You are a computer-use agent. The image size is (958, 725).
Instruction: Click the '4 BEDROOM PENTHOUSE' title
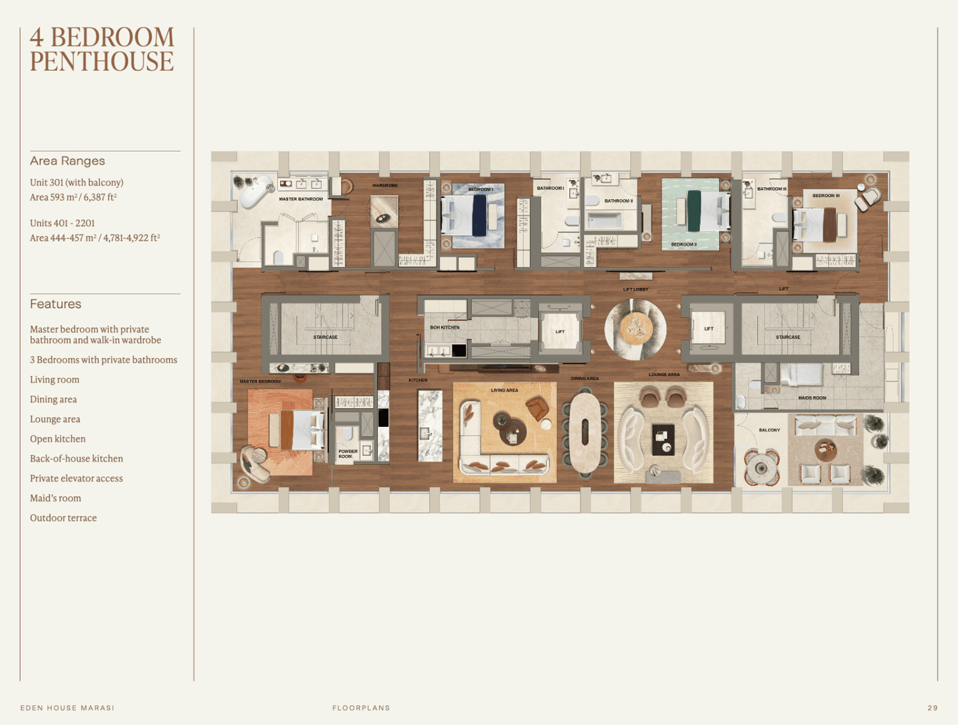(101, 49)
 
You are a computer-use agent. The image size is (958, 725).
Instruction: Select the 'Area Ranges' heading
(67, 161)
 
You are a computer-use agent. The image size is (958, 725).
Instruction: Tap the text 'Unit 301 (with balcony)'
(77, 183)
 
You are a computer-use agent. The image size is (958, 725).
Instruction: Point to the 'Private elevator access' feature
(76, 479)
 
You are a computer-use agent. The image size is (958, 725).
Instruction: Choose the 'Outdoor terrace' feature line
(63, 518)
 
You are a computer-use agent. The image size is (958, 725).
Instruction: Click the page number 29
(932, 708)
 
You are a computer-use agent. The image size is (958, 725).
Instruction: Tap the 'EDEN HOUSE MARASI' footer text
(67, 708)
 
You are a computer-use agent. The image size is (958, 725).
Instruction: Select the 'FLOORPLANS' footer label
(361, 708)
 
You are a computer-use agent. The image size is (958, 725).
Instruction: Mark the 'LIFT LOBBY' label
(635, 289)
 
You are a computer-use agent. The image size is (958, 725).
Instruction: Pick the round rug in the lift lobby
(635, 329)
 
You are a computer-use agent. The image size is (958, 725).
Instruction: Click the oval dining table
(585, 432)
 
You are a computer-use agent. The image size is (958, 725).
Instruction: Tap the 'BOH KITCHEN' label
(444, 328)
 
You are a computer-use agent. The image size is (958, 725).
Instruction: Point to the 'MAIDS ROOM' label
(812, 398)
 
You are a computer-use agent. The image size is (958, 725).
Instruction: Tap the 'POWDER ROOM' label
(347, 454)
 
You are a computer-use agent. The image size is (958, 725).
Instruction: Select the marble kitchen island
(430, 426)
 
